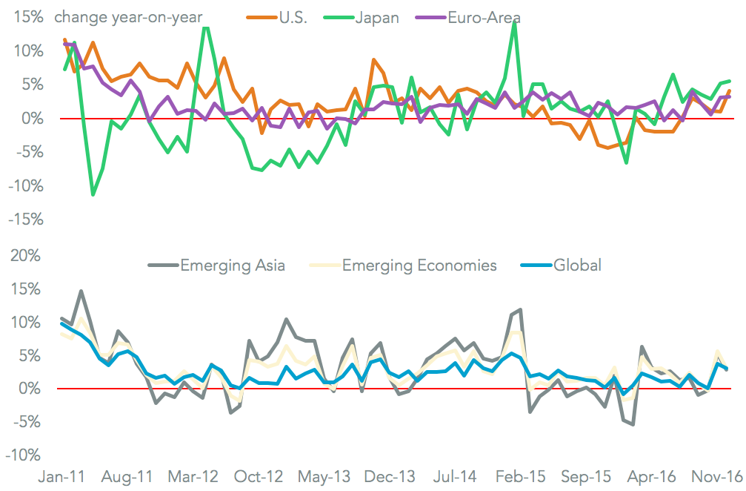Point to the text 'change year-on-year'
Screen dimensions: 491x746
[x=128, y=17]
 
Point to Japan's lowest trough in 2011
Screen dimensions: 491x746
[x=93, y=195]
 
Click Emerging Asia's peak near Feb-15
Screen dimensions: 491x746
[x=521, y=309]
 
